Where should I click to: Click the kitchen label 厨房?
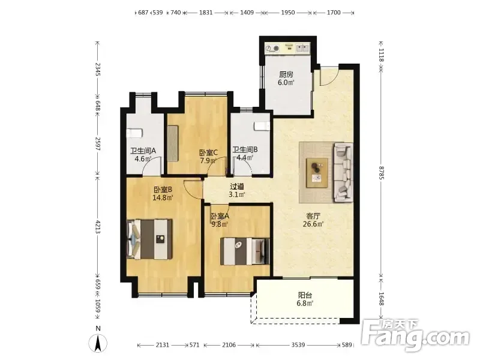click(286, 74)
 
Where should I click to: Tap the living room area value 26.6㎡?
click(313, 224)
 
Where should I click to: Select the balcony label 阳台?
click(305, 295)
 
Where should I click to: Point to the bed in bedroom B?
click(149, 239)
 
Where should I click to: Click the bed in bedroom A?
click(245, 251)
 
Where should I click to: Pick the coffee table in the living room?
click(317, 172)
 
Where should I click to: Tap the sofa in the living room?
click(343, 172)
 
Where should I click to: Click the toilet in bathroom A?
click(134, 133)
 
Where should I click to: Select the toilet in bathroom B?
click(262, 126)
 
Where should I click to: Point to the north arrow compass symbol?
click(98, 343)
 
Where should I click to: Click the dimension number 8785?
click(381, 173)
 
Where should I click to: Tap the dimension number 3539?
click(298, 345)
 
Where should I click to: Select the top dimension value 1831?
click(206, 13)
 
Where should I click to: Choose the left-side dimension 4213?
click(98, 227)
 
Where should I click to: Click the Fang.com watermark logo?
click(415, 335)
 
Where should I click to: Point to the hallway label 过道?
click(237, 186)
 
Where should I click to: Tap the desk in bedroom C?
click(173, 143)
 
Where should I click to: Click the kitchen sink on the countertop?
click(302, 48)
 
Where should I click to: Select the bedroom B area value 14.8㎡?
click(163, 197)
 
